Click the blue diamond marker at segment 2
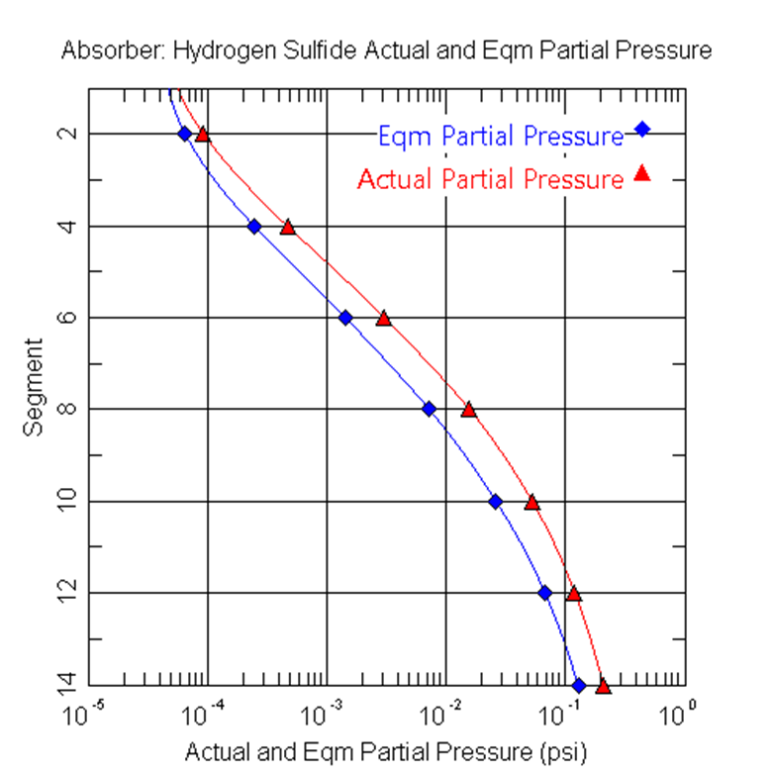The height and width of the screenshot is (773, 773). point(184,134)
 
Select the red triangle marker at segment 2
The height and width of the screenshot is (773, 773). point(203,135)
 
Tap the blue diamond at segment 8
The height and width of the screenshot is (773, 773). point(429,408)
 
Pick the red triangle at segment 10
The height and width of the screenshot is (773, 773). point(532,502)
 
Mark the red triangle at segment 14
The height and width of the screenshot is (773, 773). point(604,685)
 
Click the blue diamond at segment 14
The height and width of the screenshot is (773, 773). point(579,685)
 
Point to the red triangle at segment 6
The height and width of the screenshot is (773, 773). point(384,318)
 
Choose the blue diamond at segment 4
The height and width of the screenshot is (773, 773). point(254,226)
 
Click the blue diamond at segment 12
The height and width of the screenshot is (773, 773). point(544,593)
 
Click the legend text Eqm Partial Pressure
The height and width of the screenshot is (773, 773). point(500,137)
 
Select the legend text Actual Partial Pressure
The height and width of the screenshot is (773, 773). point(490,180)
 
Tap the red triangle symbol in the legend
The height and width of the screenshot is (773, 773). point(641,173)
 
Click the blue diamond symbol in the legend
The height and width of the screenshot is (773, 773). point(642,129)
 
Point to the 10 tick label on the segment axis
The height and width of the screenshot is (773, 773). point(66,501)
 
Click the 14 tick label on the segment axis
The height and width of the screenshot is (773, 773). point(66,684)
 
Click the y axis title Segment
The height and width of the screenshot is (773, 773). point(34,387)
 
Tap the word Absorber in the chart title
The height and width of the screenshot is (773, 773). point(102,50)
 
